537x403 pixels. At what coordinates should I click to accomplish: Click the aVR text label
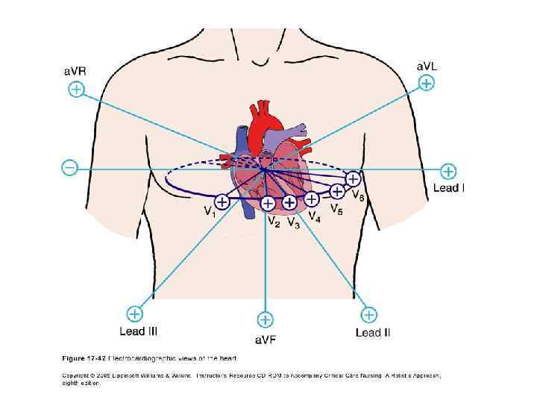click(74, 72)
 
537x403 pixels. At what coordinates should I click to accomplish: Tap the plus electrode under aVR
click(76, 90)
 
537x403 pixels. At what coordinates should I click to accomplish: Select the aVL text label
click(427, 66)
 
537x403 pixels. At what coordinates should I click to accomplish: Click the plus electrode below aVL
click(426, 84)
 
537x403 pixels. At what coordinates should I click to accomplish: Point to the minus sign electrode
click(69, 168)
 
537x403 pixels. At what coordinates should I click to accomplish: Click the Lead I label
click(449, 188)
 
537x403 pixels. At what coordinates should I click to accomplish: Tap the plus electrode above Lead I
click(448, 171)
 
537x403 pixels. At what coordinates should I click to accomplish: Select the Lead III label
click(138, 331)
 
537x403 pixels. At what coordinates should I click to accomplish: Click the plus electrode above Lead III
click(134, 313)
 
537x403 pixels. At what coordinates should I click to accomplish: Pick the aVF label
click(266, 340)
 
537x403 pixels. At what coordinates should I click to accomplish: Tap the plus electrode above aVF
click(266, 320)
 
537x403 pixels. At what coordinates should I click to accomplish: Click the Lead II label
click(373, 332)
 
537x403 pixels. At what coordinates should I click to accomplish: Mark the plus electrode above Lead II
click(368, 314)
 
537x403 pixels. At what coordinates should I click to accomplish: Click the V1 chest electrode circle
click(222, 201)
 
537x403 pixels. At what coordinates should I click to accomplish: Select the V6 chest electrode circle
click(353, 179)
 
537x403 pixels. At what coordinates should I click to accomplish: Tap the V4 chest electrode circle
click(311, 199)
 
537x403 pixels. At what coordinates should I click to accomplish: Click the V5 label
click(337, 210)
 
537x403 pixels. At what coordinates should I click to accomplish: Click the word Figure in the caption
click(73, 358)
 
